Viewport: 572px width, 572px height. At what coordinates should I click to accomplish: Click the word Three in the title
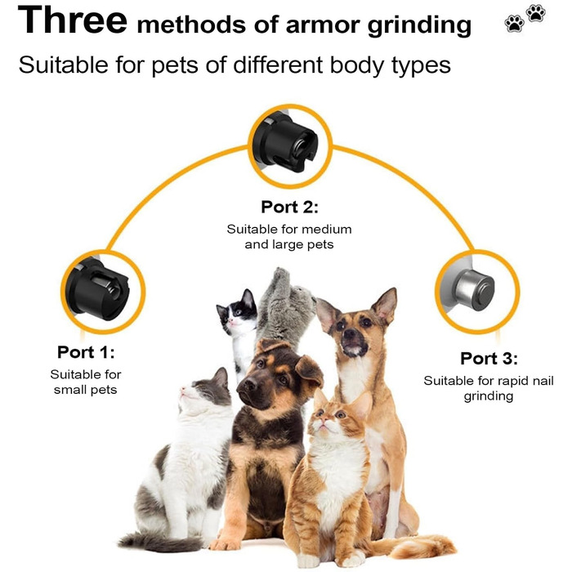[72, 20]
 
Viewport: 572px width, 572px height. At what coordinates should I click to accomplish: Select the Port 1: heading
[86, 352]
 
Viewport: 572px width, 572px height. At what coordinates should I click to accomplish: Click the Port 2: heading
[289, 207]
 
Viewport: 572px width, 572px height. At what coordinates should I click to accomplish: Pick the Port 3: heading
[489, 358]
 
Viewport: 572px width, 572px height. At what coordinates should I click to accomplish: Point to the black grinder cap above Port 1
[98, 288]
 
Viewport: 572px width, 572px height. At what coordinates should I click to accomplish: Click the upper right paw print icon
[535, 13]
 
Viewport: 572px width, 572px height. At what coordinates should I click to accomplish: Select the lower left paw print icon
[514, 24]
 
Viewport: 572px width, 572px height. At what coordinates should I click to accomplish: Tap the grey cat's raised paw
[282, 279]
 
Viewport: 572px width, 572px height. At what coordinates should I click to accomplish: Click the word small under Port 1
[70, 390]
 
